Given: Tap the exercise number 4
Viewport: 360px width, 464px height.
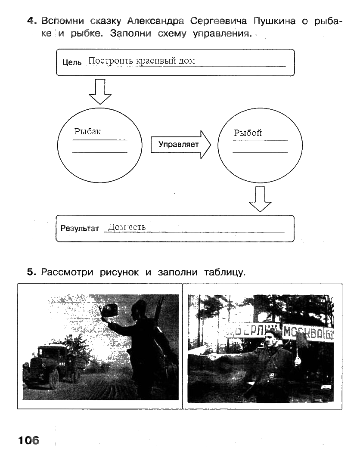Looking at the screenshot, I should click(30, 21).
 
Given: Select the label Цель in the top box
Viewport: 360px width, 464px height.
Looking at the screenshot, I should click(71, 62).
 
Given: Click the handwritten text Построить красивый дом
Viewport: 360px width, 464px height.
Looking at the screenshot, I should click(141, 61).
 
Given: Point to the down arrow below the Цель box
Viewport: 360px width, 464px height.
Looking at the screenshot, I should click(99, 91).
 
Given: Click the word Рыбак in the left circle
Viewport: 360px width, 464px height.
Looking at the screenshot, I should click(87, 132).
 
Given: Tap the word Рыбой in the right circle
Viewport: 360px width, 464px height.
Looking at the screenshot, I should click(248, 133).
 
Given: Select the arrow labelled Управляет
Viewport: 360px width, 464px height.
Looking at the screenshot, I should click(180, 144).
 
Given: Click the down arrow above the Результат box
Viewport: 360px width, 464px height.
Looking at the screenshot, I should click(260, 199).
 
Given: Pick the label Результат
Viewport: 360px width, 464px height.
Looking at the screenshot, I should click(80, 228).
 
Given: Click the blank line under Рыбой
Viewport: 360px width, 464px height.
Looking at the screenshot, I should click(260, 152).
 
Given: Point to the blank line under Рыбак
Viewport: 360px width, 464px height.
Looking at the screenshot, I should click(99, 152).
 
